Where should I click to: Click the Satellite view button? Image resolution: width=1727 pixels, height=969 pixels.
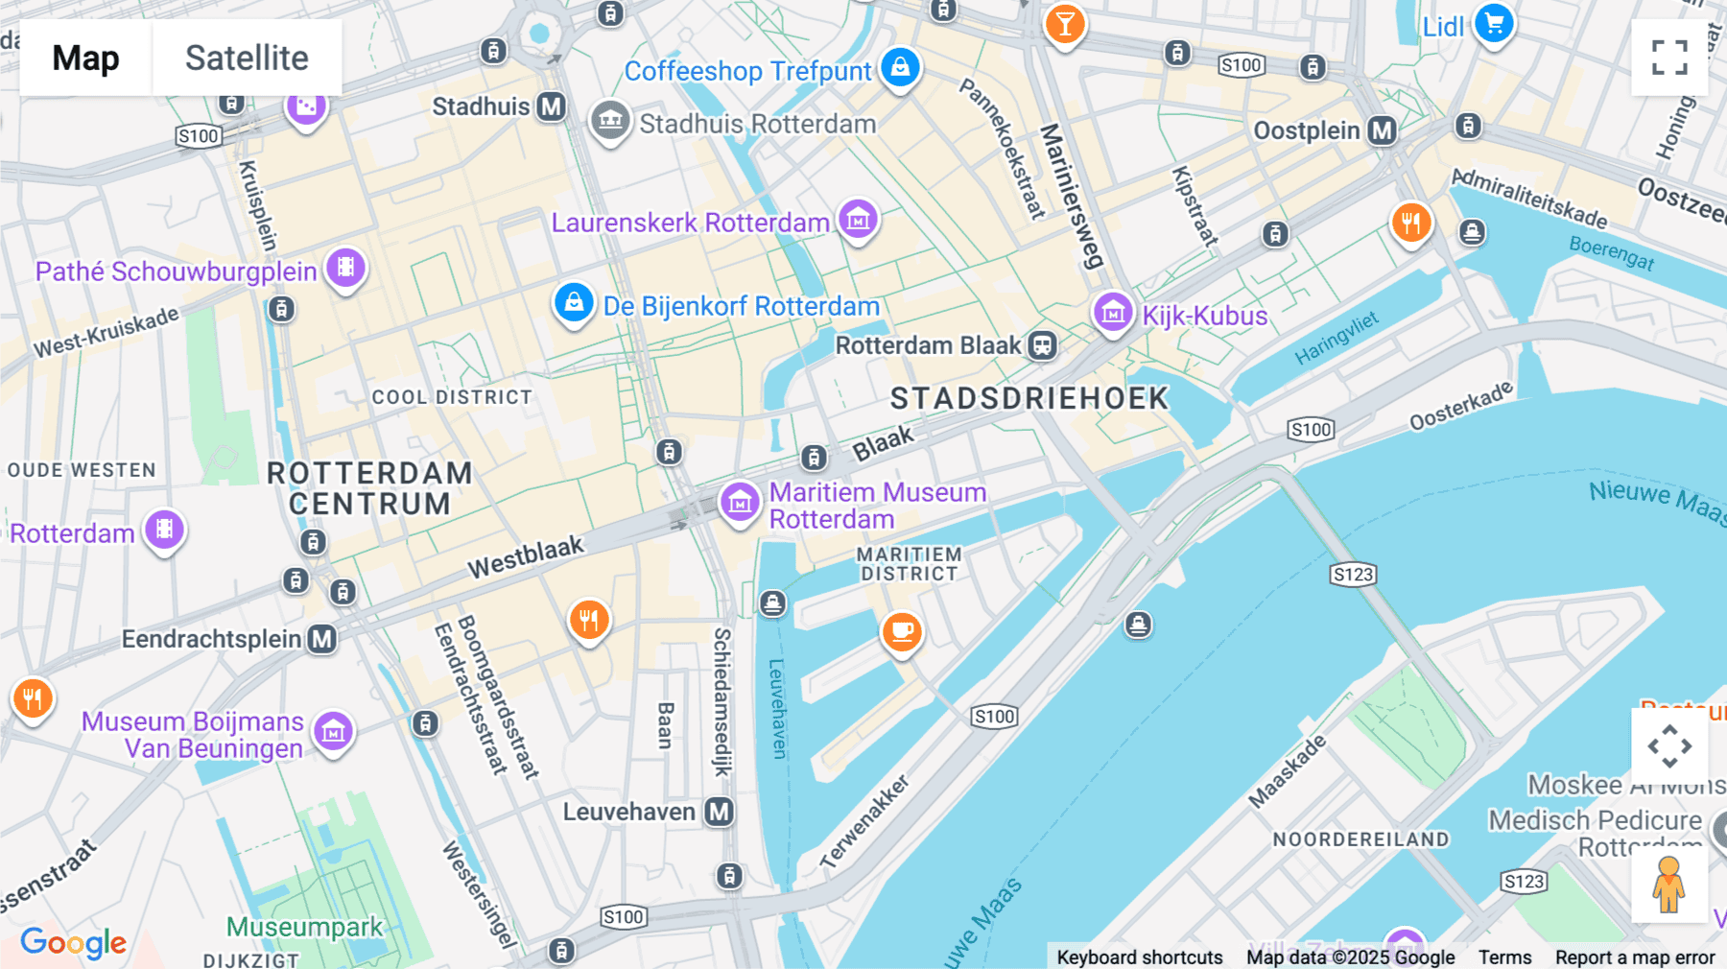click(x=247, y=58)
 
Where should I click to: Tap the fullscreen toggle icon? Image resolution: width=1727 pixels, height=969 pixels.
click(x=1669, y=58)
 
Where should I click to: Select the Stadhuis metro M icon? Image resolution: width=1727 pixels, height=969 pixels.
click(x=551, y=106)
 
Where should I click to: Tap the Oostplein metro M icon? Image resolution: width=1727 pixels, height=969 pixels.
click(x=1382, y=130)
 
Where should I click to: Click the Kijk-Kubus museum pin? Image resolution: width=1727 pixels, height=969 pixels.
click(x=1113, y=313)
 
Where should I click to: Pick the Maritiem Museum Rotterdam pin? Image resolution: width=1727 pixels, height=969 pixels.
click(x=740, y=503)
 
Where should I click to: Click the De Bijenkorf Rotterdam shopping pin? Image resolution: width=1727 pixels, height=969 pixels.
click(x=574, y=303)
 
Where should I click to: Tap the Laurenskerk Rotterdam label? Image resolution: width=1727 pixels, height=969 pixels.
click(x=690, y=223)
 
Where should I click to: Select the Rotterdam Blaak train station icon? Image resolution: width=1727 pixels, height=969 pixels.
click(x=1043, y=345)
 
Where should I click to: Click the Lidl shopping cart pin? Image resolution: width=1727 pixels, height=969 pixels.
click(x=1494, y=23)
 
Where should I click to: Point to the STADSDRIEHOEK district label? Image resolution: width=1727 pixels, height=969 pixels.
click(x=1029, y=398)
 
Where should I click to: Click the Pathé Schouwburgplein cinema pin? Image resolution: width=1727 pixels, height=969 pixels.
click(x=346, y=269)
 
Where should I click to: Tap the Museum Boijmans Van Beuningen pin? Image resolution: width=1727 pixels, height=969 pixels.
click(x=333, y=733)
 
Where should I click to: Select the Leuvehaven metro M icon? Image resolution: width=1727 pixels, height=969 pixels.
click(x=719, y=812)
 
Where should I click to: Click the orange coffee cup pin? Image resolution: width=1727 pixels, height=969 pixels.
click(x=901, y=631)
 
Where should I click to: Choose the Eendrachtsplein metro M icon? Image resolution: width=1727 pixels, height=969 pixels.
click(x=322, y=639)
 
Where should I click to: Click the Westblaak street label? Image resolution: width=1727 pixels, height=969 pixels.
click(x=526, y=556)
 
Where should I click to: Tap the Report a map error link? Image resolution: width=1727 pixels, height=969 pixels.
click(x=1634, y=957)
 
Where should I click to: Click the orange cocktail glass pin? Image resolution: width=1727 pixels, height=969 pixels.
click(x=1065, y=23)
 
